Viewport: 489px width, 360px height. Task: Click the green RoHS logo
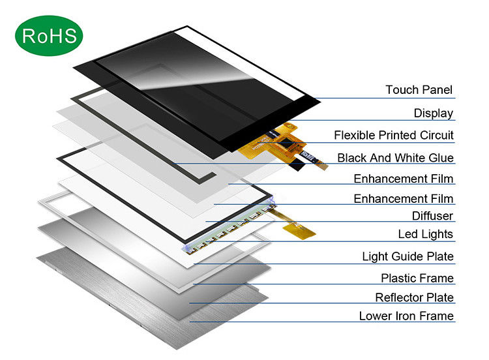(50, 36)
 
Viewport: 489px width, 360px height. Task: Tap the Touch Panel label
(419, 90)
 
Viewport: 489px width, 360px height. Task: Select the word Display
(433, 113)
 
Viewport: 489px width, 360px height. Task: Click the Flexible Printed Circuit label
(394, 136)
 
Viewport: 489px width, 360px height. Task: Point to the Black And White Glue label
(395, 158)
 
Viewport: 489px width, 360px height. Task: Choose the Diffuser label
(432, 216)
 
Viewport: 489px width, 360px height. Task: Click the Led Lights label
(425, 234)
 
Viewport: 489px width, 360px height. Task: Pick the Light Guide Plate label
(407, 257)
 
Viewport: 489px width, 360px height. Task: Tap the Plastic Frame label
(417, 278)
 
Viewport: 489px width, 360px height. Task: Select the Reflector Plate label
(414, 298)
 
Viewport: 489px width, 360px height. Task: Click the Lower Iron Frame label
(406, 316)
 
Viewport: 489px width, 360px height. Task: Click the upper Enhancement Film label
(404, 179)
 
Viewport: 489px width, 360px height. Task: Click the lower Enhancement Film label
(404, 199)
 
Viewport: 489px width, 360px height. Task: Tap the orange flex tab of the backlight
(299, 228)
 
